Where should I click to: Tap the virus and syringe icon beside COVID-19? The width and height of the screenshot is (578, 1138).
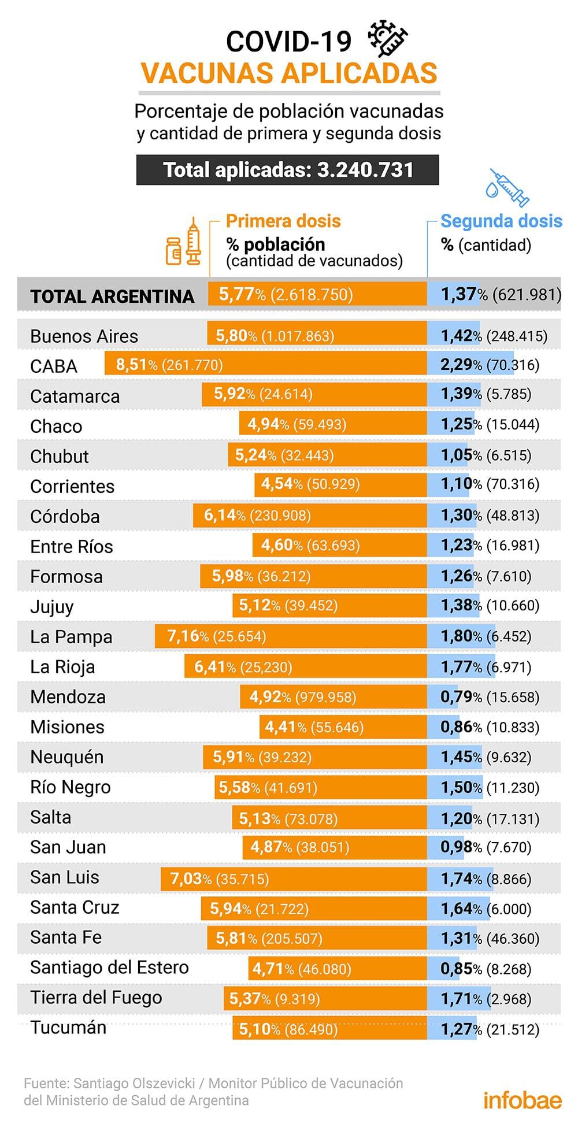pyautogui.click(x=388, y=39)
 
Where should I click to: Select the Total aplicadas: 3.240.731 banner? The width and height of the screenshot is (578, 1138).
pyautogui.click(x=287, y=170)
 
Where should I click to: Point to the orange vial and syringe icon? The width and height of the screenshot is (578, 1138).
pyautogui.click(x=184, y=243)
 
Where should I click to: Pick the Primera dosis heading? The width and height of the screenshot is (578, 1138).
pyautogui.click(x=283, y=221)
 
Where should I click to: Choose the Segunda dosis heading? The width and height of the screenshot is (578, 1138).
pyautogui.click(x=501, y=221)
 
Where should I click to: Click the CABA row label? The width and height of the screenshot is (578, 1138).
pyautogui.click(x=54, y=366)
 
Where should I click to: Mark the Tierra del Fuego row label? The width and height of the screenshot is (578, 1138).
pyautogui.click(x=96, y=998)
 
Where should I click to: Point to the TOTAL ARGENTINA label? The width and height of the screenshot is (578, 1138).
pyautogui.click(x=112, y=296)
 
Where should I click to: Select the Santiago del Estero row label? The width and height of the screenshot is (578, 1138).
pyautogui.click(x=109, y=968)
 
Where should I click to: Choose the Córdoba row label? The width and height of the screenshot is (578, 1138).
pyautogui.click(x=65, y=517)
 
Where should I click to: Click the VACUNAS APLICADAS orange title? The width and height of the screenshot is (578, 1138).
pyautogui.click(x=289, y=73)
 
